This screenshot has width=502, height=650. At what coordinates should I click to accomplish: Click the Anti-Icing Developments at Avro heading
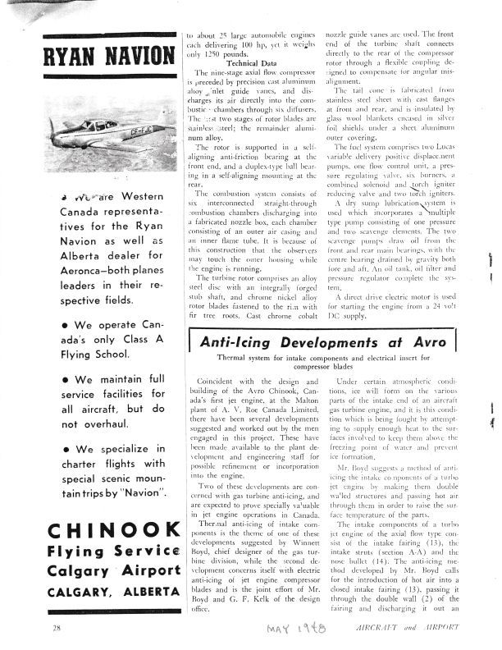[327, 340]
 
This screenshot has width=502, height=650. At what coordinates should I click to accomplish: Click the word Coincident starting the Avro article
[214, 383]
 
